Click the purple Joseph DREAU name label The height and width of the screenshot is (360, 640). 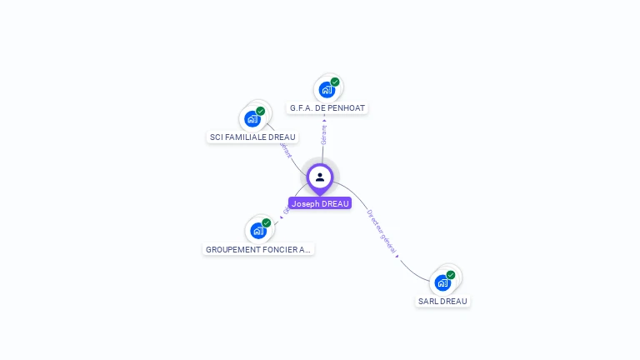point(320,203)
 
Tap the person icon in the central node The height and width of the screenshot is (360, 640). point(320,177)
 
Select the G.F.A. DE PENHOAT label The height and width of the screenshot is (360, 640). point(327,108)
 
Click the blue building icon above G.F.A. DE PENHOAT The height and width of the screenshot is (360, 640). point(327,89)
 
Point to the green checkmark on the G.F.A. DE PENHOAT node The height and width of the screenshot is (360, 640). point(335,82)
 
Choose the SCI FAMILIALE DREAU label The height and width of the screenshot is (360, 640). point(252,137)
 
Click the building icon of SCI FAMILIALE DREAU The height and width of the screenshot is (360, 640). point(252,118)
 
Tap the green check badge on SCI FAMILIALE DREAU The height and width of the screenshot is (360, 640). point(261,111)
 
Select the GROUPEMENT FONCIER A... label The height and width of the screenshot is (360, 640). point(258,249)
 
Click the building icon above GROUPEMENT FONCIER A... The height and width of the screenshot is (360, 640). point(258,230)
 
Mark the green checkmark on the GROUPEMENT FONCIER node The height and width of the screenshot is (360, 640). point(267,222)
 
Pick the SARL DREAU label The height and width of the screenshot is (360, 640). point(442,302)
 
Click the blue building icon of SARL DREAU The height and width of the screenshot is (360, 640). point(442,282)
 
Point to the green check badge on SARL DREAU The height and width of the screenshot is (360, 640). point(451,274)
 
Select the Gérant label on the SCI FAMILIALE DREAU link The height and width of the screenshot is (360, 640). point(286,150)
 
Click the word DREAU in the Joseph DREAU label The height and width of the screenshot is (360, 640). point(334,203)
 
